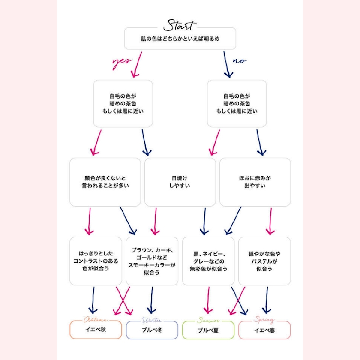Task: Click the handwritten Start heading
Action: (x=180, y=24)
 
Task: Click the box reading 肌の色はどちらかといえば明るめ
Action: (x=180, y=39)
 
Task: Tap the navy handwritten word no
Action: (x=240, y=60)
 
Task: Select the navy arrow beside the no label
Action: (x=227, y=64)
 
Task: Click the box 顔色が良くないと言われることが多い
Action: (x=105, y=182)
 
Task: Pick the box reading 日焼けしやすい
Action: (x=180, y=182)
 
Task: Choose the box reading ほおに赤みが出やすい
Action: (x=255, y=182)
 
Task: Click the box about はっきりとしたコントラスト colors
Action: (x=96, y=261)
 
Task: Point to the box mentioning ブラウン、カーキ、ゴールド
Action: (x=152, y=261)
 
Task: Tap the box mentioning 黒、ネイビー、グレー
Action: (x=208, y=261)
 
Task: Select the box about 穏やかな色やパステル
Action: (x=264, y=261)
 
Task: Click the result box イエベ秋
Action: (x=96, y=330)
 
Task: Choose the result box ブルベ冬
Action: (x=152, y=330)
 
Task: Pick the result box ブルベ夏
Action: (x=208, y=330)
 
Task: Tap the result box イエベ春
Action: (x=264, y=330)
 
